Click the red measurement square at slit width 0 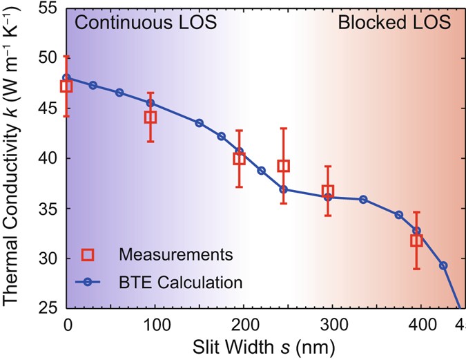66,86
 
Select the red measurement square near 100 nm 151,117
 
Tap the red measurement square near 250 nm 283,166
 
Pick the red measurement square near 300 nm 328,191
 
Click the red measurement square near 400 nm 416,240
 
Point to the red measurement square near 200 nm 239,158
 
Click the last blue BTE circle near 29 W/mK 443,265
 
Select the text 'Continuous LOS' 146,23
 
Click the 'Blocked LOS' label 394,23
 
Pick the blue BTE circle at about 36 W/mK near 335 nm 363,200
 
